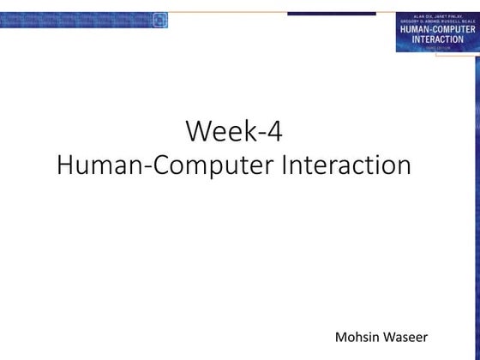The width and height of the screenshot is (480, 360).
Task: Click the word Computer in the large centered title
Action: (209, 165)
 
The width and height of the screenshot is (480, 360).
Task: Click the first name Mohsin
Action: (355, 334)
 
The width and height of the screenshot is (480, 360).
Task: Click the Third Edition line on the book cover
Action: (438, 47)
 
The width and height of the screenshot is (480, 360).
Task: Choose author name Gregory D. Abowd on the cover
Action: (421, 22)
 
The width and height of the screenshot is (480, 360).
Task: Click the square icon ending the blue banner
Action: (160, 20)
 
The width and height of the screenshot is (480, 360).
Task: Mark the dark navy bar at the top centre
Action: (331, 14)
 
